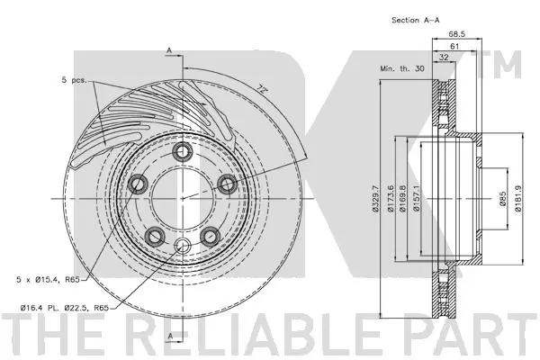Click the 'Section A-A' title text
click(415, 21)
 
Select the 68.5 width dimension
click(457, 34)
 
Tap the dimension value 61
click(454, 46)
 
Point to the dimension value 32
click(445, 58)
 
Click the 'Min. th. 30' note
click(402, 68)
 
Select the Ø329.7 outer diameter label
click(375, 199)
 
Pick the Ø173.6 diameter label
click(391, 199)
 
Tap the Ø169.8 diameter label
click(402, 199)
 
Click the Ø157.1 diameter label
click(417, 199)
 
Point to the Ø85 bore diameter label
click(503, 199)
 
